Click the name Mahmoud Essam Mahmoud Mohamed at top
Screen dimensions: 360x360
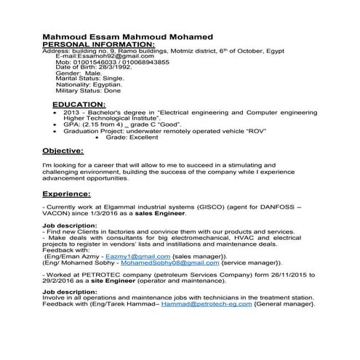pyautogui.click(x=127, y=37)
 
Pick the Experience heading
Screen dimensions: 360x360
pyautogui.click(x=66, y=194)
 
